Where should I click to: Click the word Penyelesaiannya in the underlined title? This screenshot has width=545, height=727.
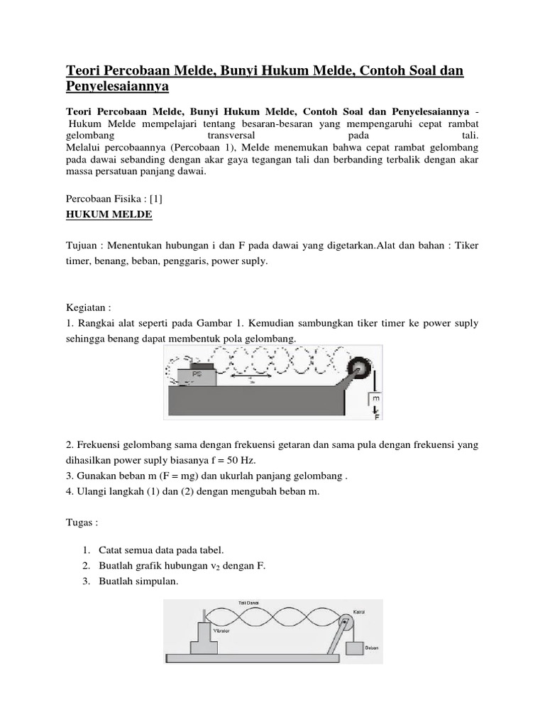pos(118,87)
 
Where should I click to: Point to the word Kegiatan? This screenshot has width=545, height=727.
pos(88,309)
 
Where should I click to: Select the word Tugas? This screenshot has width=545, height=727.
pos(81,522)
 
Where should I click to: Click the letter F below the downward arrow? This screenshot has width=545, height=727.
pos(378,417)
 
